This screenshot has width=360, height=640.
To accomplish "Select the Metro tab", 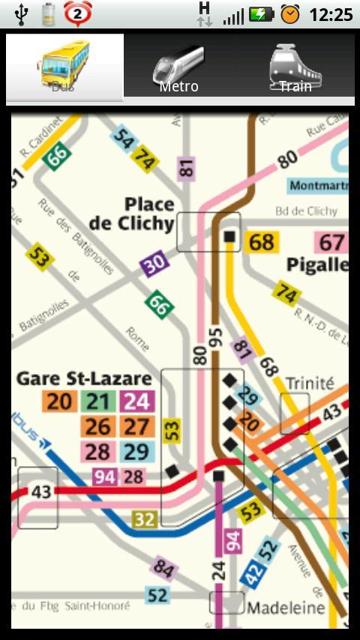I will pos(178,67).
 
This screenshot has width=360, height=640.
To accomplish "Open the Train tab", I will pos(295,67).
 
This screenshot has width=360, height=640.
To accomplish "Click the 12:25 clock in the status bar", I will pos(331,14).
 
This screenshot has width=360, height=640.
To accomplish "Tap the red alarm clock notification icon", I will pos(78,13).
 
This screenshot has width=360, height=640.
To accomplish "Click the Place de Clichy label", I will pos(132,214).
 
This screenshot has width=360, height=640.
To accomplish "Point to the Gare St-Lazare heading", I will pos(84,378).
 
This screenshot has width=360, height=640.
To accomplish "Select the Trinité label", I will pos(309,383).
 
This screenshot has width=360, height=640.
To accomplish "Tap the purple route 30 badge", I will pos(154,264).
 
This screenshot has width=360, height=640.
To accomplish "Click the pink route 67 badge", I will pos(331,243).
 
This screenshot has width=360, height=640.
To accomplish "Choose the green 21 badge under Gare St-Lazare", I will pos(97,402).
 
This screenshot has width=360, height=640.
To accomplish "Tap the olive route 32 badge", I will pos(145,519).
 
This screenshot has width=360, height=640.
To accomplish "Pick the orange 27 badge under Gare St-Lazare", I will pos(136,426).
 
